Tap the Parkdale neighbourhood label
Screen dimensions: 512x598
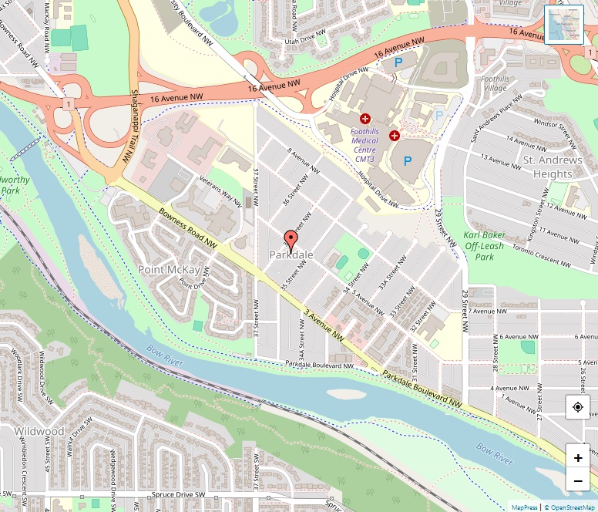[291, 255]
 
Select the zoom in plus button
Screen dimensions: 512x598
[578, 458]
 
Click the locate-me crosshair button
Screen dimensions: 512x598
[578, 406]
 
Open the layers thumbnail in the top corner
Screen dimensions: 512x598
[564, 25]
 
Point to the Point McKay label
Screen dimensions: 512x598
[169, 269]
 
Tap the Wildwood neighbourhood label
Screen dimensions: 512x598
[39, 431]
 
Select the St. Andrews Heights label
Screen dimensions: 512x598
[553, 167]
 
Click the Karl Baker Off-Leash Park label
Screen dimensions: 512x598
[484, 245]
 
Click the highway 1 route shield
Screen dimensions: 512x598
[69, 103]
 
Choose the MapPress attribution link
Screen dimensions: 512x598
[525, 507]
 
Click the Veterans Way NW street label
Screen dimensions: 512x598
[220, 186]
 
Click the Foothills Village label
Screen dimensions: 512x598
[494, 83]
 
